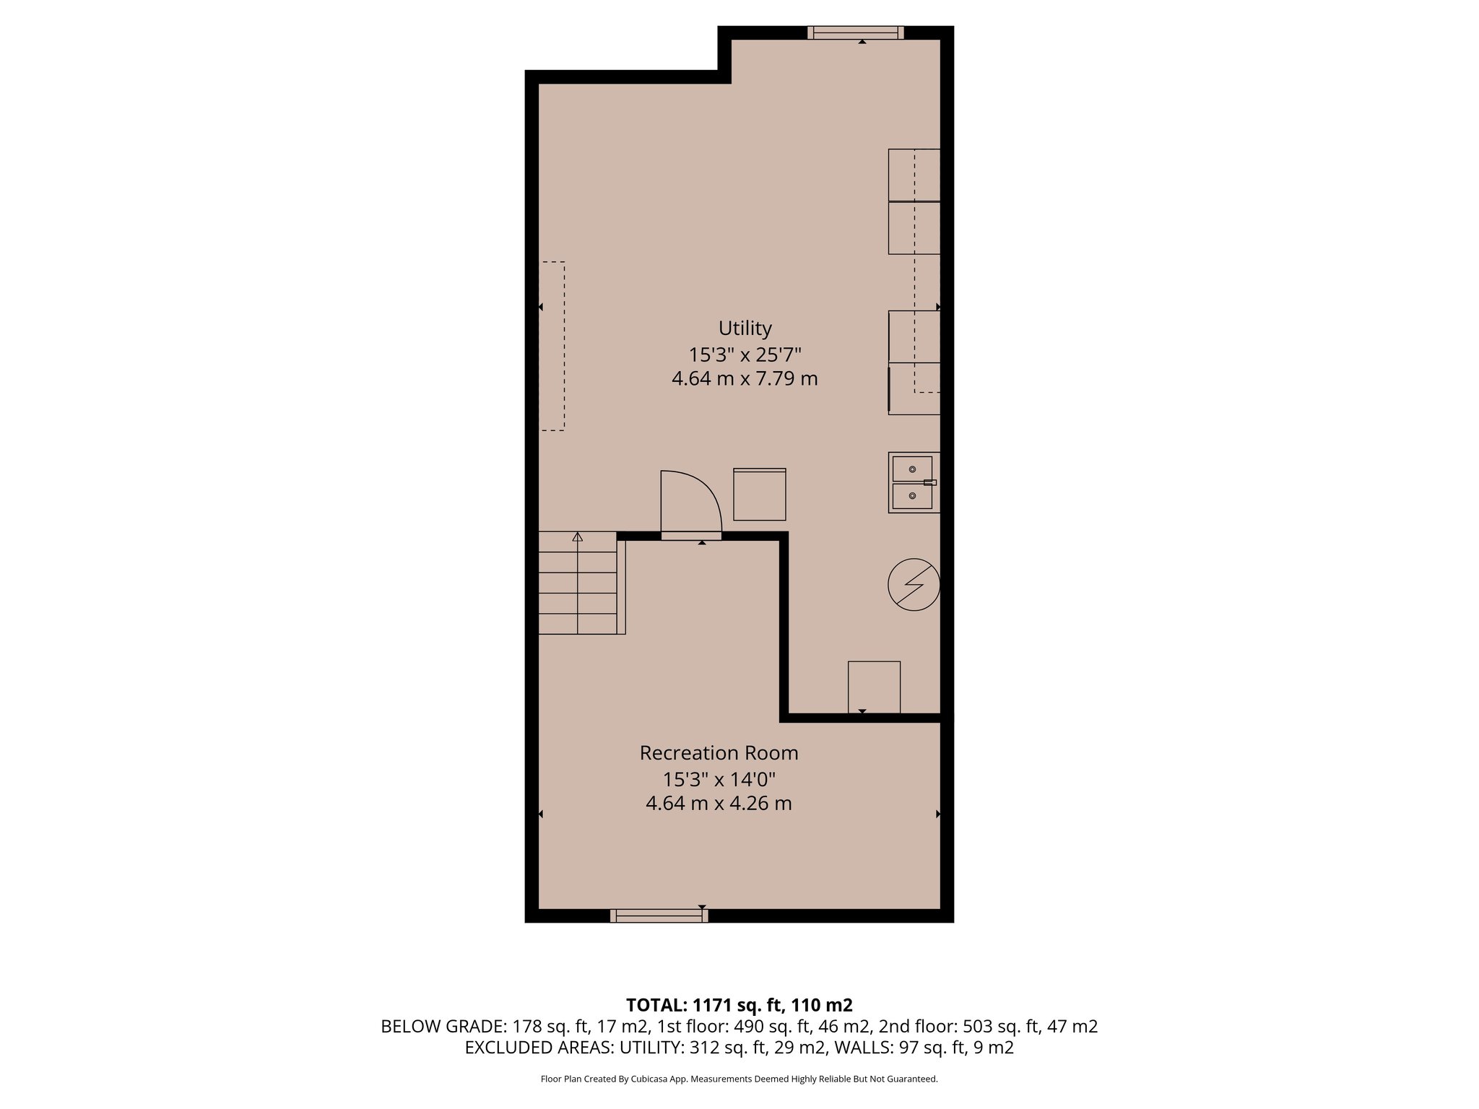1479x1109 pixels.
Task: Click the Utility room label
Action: [745, 329]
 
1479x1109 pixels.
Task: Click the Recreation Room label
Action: [719, 753]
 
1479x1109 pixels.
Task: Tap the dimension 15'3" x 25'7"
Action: [745, 355]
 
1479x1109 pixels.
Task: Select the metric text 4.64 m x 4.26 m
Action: [719, 803]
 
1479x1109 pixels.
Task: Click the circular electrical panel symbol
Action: [914, 584]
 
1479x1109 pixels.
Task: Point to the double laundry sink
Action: [913, 482]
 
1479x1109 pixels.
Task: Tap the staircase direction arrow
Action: [577, 537]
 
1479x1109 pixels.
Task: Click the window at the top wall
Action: [855, 32]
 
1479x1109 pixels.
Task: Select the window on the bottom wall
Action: [659, 916]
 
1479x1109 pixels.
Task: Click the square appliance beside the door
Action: [759, 495]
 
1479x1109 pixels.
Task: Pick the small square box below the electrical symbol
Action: [874, 687]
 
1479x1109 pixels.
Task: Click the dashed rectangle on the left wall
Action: [552, 346]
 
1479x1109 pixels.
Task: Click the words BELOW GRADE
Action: [443, 1027]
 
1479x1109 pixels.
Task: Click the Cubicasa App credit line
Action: [739, 1079]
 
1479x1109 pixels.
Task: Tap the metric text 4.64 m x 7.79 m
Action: [745, 378]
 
